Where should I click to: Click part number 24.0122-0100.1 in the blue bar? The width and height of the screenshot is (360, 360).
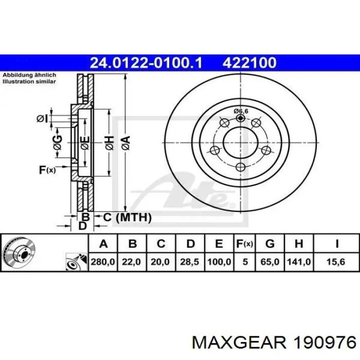[x=146, y=63]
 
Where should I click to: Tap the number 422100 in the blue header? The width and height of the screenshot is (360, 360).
[x=249, y=63]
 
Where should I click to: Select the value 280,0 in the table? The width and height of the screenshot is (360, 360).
[x=103, y=262]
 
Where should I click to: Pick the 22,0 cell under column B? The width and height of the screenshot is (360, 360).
[x=132, y=262]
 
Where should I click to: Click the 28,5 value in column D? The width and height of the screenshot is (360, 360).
[x=189, y=262]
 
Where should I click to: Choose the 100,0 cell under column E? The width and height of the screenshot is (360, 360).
[x=219, y=262]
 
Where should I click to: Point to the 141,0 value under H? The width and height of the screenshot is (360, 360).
[x=299, y=262]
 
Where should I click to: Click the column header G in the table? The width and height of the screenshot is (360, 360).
[x=270, y=244]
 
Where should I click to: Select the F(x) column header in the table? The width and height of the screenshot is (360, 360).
[x=245, y=244]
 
